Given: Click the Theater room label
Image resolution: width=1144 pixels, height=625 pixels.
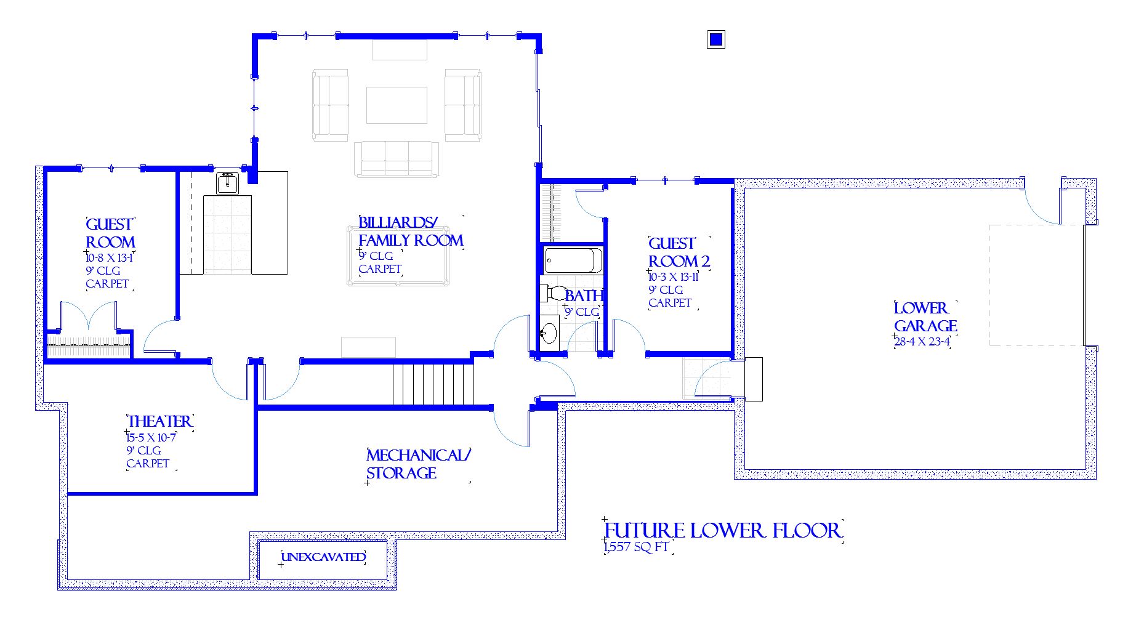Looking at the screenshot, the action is tap(159, 421).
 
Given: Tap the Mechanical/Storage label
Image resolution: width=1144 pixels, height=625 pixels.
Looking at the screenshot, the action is tap(418, 464).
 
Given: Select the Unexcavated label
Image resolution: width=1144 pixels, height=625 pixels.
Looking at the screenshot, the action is tap(323, 557).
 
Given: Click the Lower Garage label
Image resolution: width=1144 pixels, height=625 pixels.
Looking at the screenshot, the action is tap(925, 317).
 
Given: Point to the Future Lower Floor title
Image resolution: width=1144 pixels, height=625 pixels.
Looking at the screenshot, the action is tap(722, 530).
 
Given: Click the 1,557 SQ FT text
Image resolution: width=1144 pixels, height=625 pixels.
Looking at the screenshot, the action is tap(637, 547).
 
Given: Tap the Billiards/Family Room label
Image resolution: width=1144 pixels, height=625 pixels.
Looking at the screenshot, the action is tap(411, 232).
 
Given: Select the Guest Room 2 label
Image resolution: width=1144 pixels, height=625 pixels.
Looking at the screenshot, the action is tap(679, 252).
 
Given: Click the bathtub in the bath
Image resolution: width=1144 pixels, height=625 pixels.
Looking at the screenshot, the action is tap(573, 260).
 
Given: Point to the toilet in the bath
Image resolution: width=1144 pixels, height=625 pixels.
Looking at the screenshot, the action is tap(554, 292).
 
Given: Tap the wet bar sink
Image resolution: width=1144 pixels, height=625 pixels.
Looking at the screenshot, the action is tap(227, 183).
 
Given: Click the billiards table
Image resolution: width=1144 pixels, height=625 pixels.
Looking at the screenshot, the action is tap(398, 256).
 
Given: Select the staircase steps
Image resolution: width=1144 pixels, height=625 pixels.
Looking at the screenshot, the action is tap(433, 384).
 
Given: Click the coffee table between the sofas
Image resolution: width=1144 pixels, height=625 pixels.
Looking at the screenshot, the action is tap(397, 105).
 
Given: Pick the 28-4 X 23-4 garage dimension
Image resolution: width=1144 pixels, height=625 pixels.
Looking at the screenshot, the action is tap(922, 342).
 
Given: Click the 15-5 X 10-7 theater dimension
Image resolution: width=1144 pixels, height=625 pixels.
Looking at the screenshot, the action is tap(151, 438).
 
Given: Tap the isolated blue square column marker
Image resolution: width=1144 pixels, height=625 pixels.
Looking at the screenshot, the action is tap(715, 39).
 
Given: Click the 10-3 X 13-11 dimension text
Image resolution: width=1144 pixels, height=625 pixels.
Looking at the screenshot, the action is tap(674, 277).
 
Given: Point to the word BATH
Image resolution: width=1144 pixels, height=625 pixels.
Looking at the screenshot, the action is tap(584, 296).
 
